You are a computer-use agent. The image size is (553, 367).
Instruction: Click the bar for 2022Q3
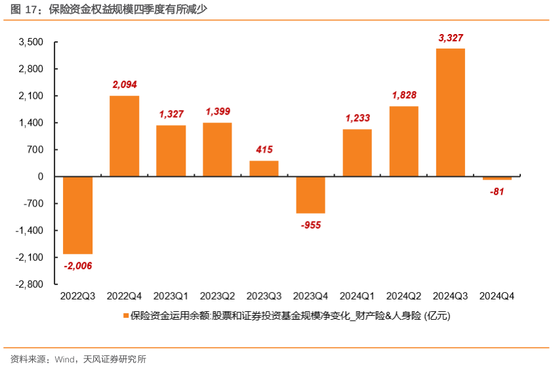point(77,215)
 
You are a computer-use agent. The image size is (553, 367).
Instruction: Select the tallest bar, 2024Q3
point(451,112)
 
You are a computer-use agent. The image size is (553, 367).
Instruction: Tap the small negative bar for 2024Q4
point(497,178)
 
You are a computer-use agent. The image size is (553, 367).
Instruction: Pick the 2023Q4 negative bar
point(310,195)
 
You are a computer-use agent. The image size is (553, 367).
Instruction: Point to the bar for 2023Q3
point(264,168)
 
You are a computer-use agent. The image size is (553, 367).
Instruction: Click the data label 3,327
point(451,38)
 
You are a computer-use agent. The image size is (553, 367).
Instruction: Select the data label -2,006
point(78,265)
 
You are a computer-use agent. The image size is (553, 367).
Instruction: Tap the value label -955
point(311,225)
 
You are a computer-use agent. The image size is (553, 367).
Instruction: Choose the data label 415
point(264,149)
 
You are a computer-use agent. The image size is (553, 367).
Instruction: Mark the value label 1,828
point(404,95)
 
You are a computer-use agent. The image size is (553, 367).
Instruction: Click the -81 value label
point(497,191)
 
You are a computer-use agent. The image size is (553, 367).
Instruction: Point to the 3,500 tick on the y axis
point(31,42)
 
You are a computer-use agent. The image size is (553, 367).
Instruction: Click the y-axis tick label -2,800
point(30,284)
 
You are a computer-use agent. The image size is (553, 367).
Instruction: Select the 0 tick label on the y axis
point(41,176)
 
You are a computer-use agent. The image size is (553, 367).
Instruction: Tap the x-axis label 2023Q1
point(171,296)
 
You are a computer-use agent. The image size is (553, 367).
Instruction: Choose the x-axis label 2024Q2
point(404,296)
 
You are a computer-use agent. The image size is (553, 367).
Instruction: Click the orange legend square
point(125,316)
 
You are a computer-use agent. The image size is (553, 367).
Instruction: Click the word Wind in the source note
point(64,359)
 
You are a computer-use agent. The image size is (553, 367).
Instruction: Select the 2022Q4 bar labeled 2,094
point(124,136)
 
